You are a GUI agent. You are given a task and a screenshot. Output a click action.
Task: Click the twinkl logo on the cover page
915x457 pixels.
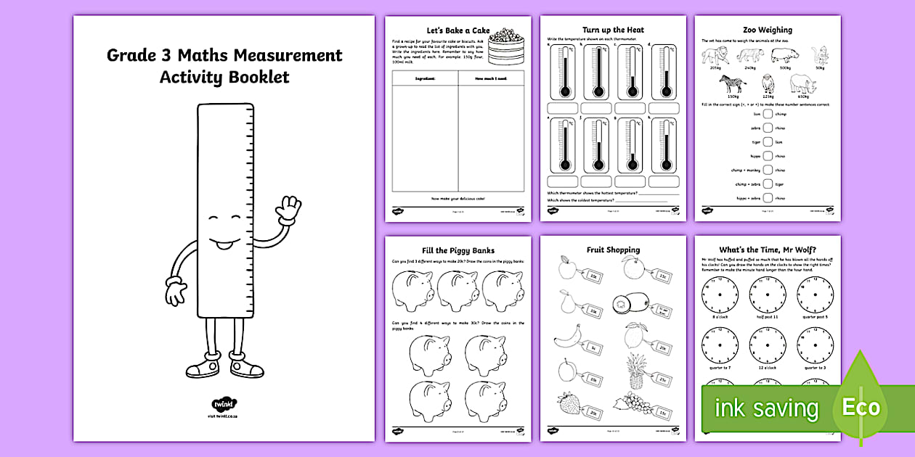pos(224,403)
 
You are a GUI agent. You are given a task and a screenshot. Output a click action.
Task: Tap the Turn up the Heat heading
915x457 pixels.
pos(613,30)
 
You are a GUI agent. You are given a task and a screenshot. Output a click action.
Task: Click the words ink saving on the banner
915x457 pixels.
pos(766,408)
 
